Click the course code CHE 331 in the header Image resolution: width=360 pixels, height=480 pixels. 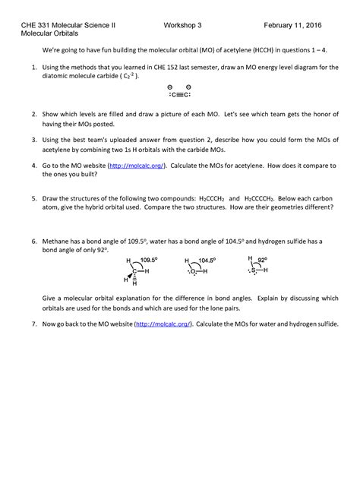pos(34,25)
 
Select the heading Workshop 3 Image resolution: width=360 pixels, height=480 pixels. pos(183,25)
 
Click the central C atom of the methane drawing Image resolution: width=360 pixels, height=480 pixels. pos(134,271)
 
